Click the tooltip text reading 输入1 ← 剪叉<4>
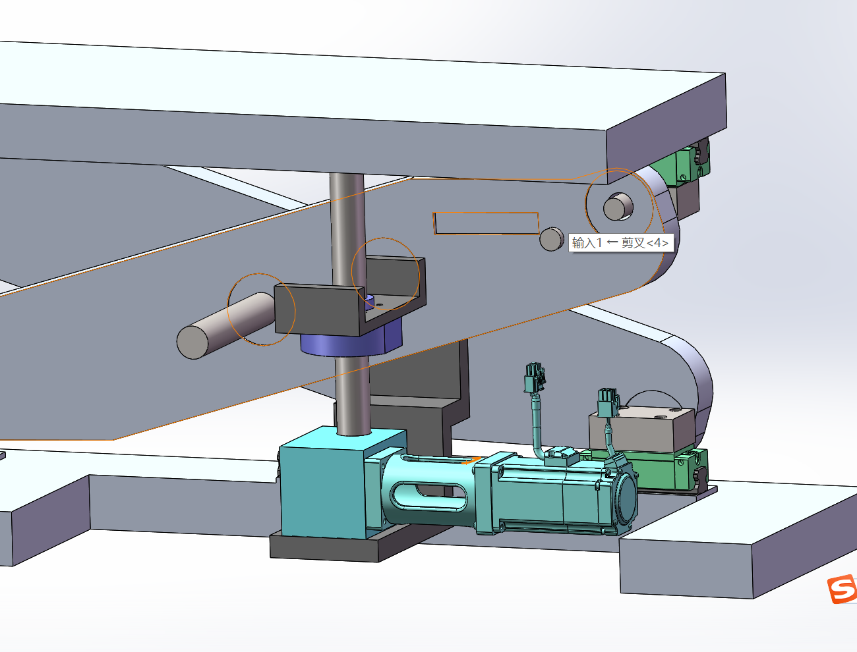click(x=620, y=243)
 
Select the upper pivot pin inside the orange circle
click(x=618, y=206)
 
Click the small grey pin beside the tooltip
click(x=551, y=239)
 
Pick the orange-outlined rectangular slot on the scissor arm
click(x=486, y=223)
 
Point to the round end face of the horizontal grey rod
click(x=192, y=342)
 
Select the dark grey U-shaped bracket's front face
click(x=317, y=310)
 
